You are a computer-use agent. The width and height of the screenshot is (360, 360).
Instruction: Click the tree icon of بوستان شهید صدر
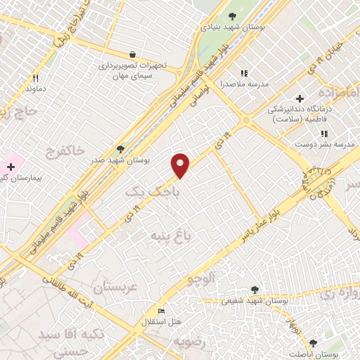pyautogui.click(x=121, y=148)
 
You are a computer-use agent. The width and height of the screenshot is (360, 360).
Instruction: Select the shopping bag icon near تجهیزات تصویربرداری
pyautogui.click(x=132, y=53)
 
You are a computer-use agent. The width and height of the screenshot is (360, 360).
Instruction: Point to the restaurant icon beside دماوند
pyautogui.click(x=34, y=78)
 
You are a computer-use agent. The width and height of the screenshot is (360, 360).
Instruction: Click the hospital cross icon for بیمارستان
pyautogui.click(x=11, y=166)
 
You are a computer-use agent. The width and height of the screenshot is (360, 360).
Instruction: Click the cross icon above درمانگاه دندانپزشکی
pyautogui.click(x=300, y=98)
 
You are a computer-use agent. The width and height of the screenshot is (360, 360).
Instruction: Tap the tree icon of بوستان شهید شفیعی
pyautogui.click(x=255, y=289)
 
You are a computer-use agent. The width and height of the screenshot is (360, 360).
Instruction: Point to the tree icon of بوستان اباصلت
pyautogui.click(x=313, y=342)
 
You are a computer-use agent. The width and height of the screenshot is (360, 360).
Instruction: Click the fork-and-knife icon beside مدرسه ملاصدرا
pyautogui.click(x=244, y=72)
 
